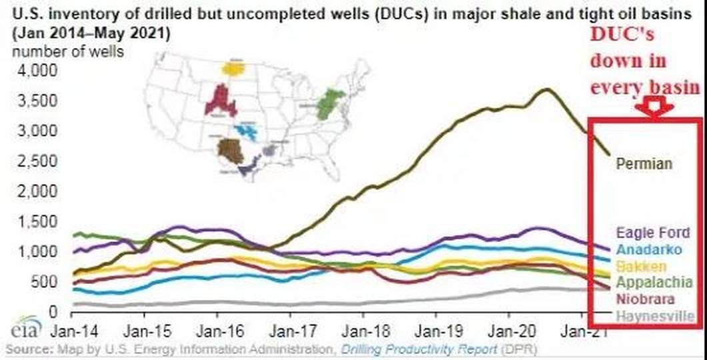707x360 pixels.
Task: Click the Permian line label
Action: click(644, 163)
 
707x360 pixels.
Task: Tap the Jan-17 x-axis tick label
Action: click(289, 329)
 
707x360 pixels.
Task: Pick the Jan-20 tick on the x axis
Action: click(509, 329)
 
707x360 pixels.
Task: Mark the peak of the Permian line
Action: click(547, 89)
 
